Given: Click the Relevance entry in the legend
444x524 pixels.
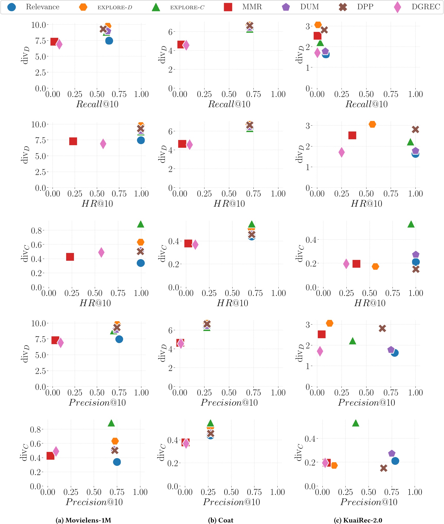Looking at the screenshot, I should pyautogui.click(x=33, y=7).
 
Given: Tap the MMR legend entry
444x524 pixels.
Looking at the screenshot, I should pyautogui.click(x=243, y=7).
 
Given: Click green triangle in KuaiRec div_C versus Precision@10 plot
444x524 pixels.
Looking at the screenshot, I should pyautogui.click(x=356, y=423).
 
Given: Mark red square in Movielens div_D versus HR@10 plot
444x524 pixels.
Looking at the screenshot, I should pyautogui.click(x=73, y=141).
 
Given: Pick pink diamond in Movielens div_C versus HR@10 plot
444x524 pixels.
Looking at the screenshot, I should pyautogui.click(x=101, y=252).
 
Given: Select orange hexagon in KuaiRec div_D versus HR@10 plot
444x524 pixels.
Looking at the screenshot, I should pyautogui.click(x=372, y=124).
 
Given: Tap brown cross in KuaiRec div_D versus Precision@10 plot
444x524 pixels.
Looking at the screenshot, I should pyautogui.click(x=382, y=328).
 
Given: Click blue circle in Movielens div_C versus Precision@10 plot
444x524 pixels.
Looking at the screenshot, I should pyautogui.click(x=117, y=462).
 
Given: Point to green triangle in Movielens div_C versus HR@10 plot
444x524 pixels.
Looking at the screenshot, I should pyautogui.click(x=141, y=224).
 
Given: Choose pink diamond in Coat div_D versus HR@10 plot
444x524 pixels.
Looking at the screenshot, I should pyautogui.click(x=190, y=145).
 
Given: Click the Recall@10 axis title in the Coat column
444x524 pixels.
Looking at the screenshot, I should pyautogui.click(x=229, y=104).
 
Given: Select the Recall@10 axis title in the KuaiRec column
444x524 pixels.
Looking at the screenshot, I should pyautogui.click(x=366, y=104).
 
